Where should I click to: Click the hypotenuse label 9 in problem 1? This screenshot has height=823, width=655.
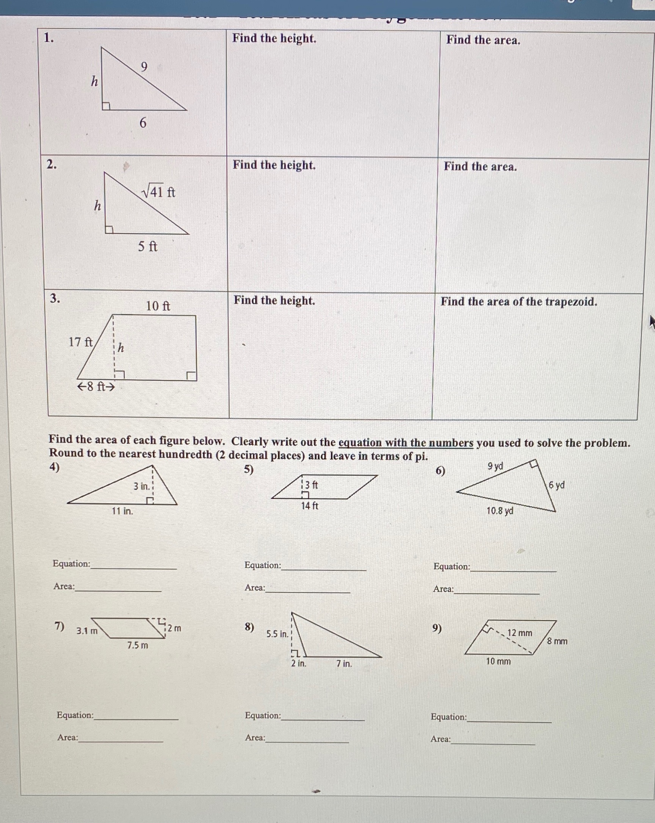[144, 67]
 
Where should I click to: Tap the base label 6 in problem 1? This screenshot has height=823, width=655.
[143, 123]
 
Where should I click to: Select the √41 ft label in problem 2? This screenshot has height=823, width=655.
[158, 191]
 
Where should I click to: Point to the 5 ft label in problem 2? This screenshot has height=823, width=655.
[147, 247]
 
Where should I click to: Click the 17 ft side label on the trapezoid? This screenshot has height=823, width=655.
[80, 342]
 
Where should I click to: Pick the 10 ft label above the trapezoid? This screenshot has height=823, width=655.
[158, 306]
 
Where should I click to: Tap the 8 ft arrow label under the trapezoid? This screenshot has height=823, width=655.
[96, 387]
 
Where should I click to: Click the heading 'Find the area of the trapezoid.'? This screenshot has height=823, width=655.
[519, 302]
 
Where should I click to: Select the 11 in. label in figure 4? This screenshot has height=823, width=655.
[122, 511]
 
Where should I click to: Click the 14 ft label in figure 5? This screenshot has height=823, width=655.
[309, 506]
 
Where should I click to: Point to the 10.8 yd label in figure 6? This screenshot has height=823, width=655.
[500, 511]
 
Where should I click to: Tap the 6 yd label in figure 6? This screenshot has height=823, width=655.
[556, 485]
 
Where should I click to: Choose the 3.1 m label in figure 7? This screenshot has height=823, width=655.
[87, 631]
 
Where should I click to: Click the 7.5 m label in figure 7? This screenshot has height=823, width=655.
[138, 646]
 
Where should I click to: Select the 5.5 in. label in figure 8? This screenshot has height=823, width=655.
[277, 634]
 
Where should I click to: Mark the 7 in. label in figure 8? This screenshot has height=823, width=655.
[344, 664]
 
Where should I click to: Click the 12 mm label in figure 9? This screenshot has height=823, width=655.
[520, 633]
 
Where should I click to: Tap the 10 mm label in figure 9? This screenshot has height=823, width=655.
[498, 661]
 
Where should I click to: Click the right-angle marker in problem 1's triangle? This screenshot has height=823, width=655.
[106, 106]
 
